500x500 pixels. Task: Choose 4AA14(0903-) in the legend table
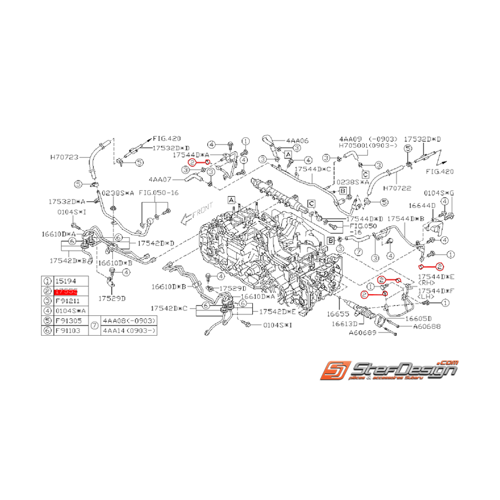tap(129, 331)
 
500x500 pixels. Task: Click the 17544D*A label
tap(191, 155)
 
